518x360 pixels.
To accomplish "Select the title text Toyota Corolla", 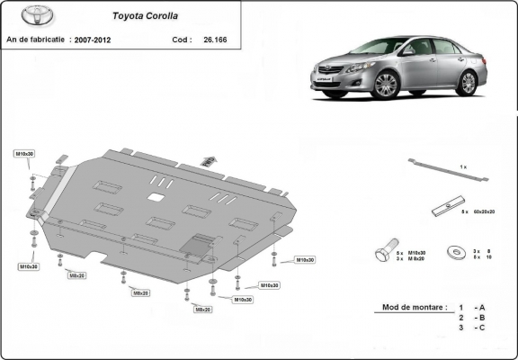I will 144,15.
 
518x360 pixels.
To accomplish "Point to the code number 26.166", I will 216,40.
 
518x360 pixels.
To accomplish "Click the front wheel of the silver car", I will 385,85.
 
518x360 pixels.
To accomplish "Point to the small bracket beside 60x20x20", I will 442,210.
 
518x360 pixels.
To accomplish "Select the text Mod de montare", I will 409,308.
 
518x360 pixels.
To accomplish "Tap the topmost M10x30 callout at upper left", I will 24,154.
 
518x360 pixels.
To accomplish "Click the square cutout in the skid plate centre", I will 156,197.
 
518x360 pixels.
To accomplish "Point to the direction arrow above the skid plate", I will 209,161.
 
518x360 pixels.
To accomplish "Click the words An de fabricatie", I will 35,40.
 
